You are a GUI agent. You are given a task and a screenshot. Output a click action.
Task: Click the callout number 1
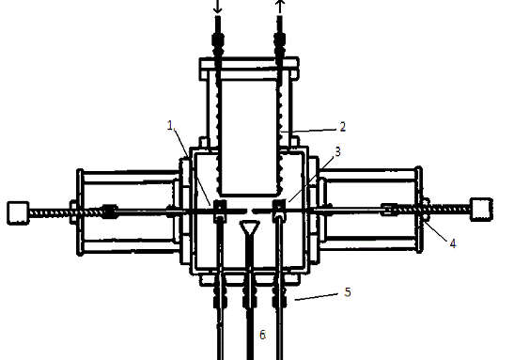170,126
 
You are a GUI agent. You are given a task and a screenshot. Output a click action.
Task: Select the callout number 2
343,127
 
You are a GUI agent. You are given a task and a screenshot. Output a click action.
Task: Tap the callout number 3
337,152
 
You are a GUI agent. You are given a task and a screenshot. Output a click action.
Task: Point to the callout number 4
453,243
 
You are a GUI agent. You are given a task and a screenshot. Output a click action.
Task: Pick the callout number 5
348,292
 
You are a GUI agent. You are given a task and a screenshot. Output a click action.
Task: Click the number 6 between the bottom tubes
262,335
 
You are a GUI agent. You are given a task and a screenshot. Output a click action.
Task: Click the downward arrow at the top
217,7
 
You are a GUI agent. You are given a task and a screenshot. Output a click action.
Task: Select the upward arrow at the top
280,7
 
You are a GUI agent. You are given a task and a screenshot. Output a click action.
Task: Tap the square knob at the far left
18,213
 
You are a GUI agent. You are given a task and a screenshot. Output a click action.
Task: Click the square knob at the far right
481,210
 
